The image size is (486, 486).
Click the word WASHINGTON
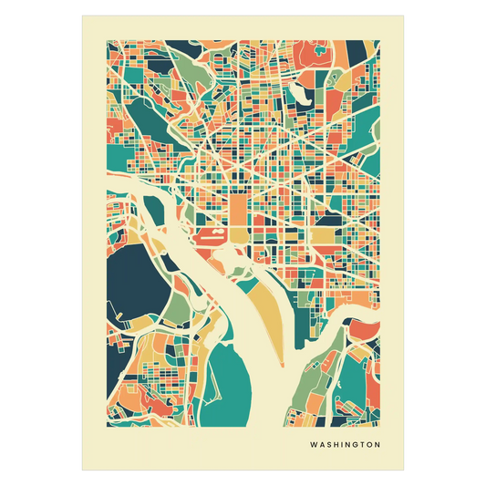click(345, 446)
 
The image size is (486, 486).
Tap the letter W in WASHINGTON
click(314, 446)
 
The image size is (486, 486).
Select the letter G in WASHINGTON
click(357, 446)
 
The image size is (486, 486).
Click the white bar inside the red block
click(208, 235)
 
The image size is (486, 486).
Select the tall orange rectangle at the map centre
click(237, 210)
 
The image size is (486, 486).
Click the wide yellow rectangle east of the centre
click(323, 238)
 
